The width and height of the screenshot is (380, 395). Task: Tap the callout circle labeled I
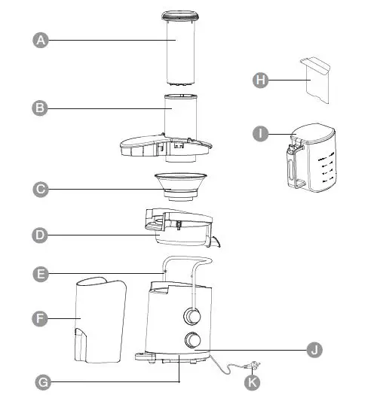pos(260,133)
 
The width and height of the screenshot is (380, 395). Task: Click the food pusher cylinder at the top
pos(181,49)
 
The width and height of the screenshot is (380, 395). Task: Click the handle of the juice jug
pos(288,166)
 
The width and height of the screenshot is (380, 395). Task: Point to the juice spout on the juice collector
pos(217,242)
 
